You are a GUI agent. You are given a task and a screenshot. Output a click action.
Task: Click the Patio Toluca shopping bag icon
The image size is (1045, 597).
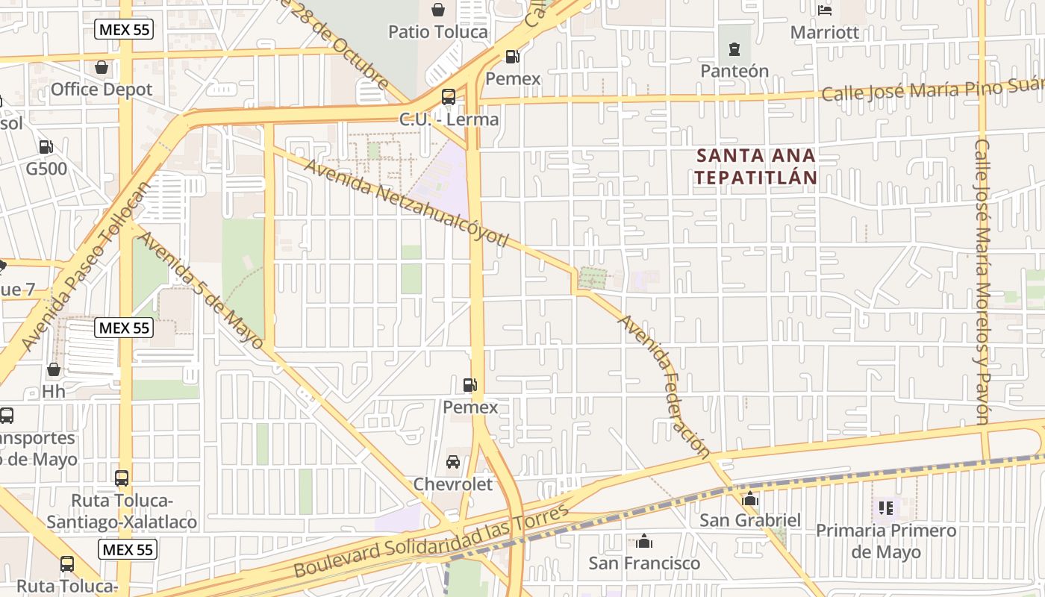(438, 10)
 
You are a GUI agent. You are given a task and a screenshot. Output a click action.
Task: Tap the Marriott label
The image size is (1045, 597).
(825, 33)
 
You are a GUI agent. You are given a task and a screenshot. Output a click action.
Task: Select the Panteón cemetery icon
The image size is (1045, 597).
(734, 49)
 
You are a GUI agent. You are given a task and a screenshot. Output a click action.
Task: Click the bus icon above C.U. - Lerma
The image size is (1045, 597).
(448, 97)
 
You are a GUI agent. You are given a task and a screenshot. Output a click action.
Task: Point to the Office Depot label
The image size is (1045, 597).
(102, 90)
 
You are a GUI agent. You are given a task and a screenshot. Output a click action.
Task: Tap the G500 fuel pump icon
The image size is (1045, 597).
(46, 147)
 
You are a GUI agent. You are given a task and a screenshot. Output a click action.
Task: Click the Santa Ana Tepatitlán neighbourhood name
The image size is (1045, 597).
(756, 166)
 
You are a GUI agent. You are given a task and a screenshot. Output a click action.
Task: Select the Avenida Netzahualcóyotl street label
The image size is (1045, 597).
(406, 203)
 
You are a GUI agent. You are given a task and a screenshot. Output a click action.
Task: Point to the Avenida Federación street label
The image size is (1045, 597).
(664, 386)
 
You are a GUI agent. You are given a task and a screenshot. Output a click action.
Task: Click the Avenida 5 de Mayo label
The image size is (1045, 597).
(201, 291)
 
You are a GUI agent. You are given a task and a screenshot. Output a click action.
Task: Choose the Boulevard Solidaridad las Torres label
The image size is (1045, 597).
(431, 541)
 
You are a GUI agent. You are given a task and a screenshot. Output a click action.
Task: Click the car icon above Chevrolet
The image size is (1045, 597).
(453, 462)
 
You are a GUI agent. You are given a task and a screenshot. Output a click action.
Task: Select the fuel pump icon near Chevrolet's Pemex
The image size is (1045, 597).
(470, 385)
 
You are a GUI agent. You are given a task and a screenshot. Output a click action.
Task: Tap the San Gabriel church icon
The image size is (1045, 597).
(750, 498)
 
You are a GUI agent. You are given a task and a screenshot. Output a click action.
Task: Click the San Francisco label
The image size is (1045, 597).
(644, 563)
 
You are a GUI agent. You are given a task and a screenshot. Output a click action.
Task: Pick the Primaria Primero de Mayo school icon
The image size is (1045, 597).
(886, 509)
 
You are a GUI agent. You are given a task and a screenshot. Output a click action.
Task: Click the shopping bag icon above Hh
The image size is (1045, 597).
(54, 369)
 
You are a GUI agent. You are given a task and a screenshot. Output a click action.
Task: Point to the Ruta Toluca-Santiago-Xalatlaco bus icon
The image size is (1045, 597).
(122, 478)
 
